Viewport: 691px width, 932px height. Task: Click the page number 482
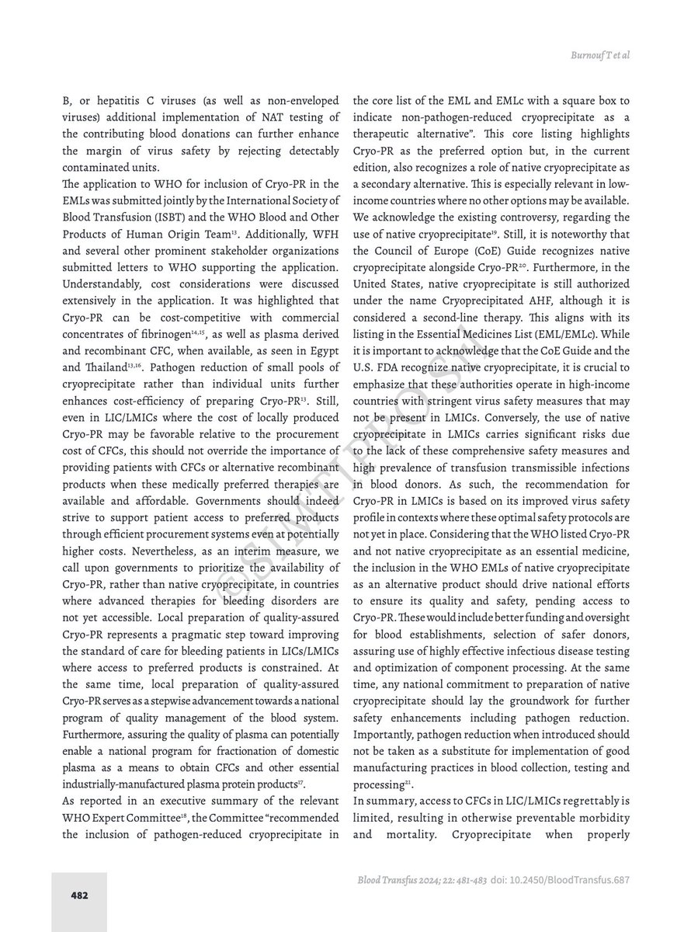click(78, 895)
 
